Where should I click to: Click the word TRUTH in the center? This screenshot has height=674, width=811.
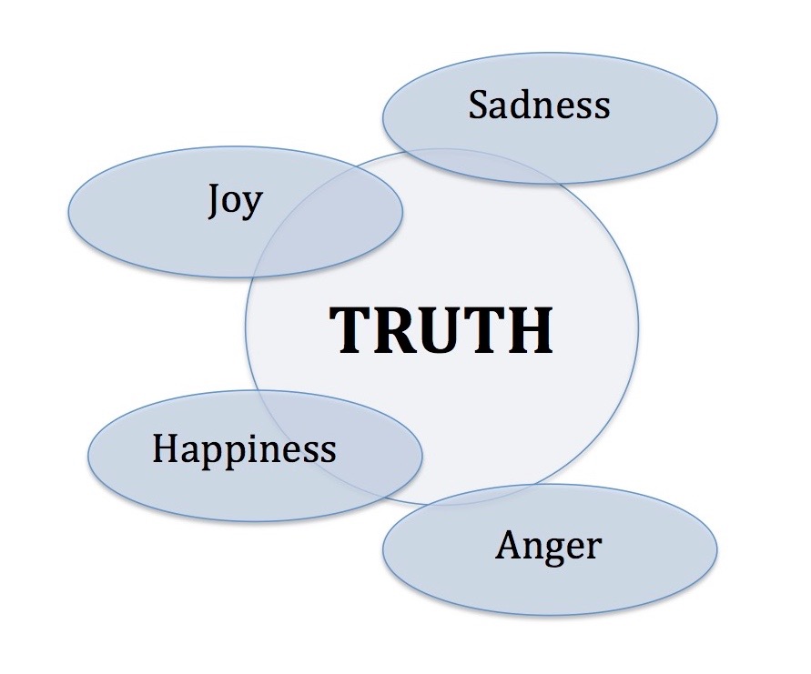441,329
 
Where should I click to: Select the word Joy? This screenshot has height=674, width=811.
235,200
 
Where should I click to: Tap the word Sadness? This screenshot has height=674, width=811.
539,106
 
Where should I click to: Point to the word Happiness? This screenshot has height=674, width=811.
244,449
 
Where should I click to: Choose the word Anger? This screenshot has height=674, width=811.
548,546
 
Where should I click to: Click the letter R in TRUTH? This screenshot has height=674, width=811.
388,329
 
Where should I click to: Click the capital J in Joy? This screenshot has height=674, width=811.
215,200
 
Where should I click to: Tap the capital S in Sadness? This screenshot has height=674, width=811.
479,106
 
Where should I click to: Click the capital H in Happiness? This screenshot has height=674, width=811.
165,448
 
